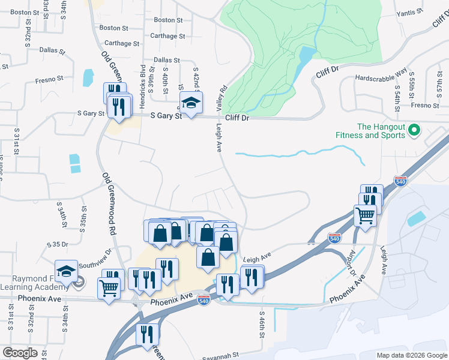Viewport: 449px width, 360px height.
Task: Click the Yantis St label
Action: pos(411,12)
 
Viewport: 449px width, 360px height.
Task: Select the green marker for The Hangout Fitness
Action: pos(414,130)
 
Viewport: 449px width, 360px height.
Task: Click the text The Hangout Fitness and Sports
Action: pos(381,131)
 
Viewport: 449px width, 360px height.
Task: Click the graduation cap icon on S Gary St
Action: pos(191,103)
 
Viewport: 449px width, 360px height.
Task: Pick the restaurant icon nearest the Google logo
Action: pos(146,334)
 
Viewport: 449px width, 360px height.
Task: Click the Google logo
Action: pos(20,353)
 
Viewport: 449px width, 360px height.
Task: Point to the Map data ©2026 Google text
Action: pos(412,355)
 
